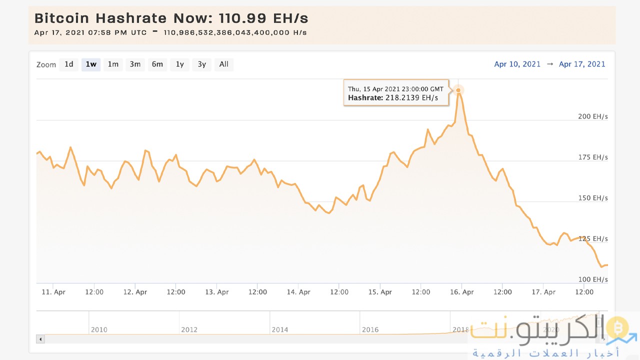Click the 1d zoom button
pyautogui.click(x=69, y=64)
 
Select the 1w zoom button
pyautogui.click(x=91, y=64)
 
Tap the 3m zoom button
pyautogui.click(x=135, y=64)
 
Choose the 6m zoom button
pyautogui.click(x=157, y=64)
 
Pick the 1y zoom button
pyautogui.click(x=180, y=64)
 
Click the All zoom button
pyautogui.click(x=224, y=64)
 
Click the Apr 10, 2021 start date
pyautogui.click(x=517, y=64)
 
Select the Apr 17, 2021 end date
pyautogui.click(x=582, y=64)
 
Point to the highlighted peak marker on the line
pyautogui.click(x=458, y=90)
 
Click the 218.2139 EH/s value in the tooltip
pyautogui.click(x=411, y=98)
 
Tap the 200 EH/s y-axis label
pyautogui.click(x=593, y=116)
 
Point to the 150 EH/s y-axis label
pyautogui.click(x=593, y=198)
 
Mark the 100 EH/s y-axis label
pyautogui.click(x=593, y=279)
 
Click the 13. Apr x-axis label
pyautogui.click(x=217, y=292)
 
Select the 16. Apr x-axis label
pyautogui.click(x=461, y=292)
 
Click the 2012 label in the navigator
pyautogui.click(x=189, y=329)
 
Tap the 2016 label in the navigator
pyautogui.click(x=370, y=329)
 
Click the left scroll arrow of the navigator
pyautogui.click(x=41, y=339)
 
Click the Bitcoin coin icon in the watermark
pyautogui.click(x=617, y=328)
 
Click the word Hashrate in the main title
pyautogui.click(x=131, y=18)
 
